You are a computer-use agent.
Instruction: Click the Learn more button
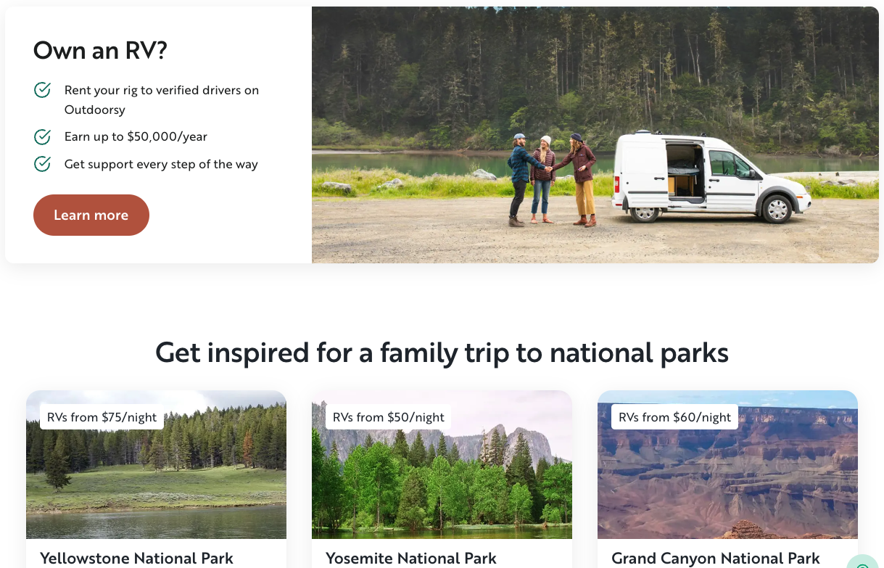(x=91, y=215)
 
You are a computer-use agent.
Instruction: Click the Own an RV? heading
(x=100, y=51)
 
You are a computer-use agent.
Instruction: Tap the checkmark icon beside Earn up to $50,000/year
(x=42, y=136)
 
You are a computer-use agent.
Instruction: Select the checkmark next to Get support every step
(x=42, y=164)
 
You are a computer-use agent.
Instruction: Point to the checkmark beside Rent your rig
(x=42, y=90)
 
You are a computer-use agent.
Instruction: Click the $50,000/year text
(x=167, y=136)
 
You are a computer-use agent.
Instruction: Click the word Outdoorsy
(x=95, y=110)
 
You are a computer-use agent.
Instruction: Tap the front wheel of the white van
(x=777, y=209)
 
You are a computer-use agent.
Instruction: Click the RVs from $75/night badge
(x=102, y=417)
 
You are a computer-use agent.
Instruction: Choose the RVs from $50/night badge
(x=388, y=417)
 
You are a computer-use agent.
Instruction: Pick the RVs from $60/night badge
(x=674, y=417)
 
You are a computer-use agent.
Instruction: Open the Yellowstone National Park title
(x=136, y=558)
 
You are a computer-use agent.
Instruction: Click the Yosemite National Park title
(x=411, y=558)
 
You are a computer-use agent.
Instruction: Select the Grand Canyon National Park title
(x=716, y=558)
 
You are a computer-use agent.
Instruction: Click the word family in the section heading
(x=418, y=353)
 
